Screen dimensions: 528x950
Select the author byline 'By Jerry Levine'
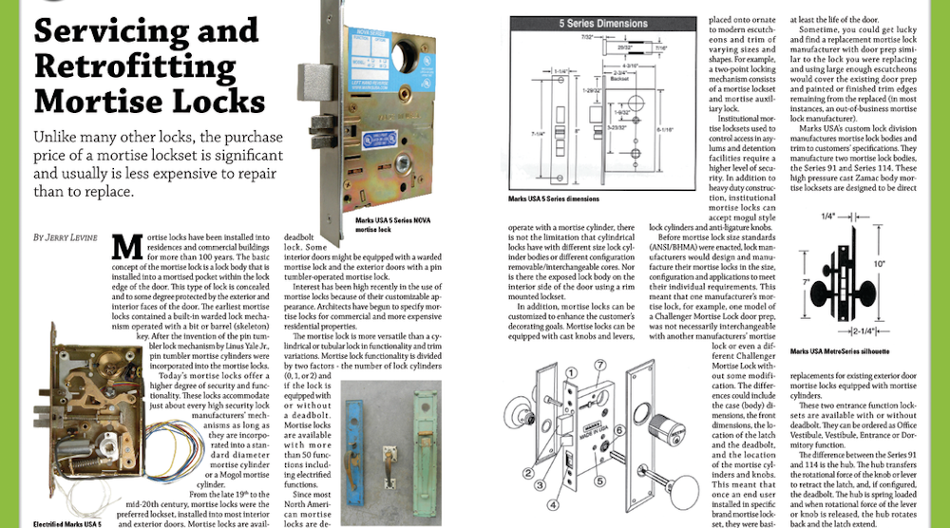click(x=66, y=236)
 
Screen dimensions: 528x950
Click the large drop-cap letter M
click(x=127, y=250)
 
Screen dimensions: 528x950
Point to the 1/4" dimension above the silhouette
click(x=829, y=217)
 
